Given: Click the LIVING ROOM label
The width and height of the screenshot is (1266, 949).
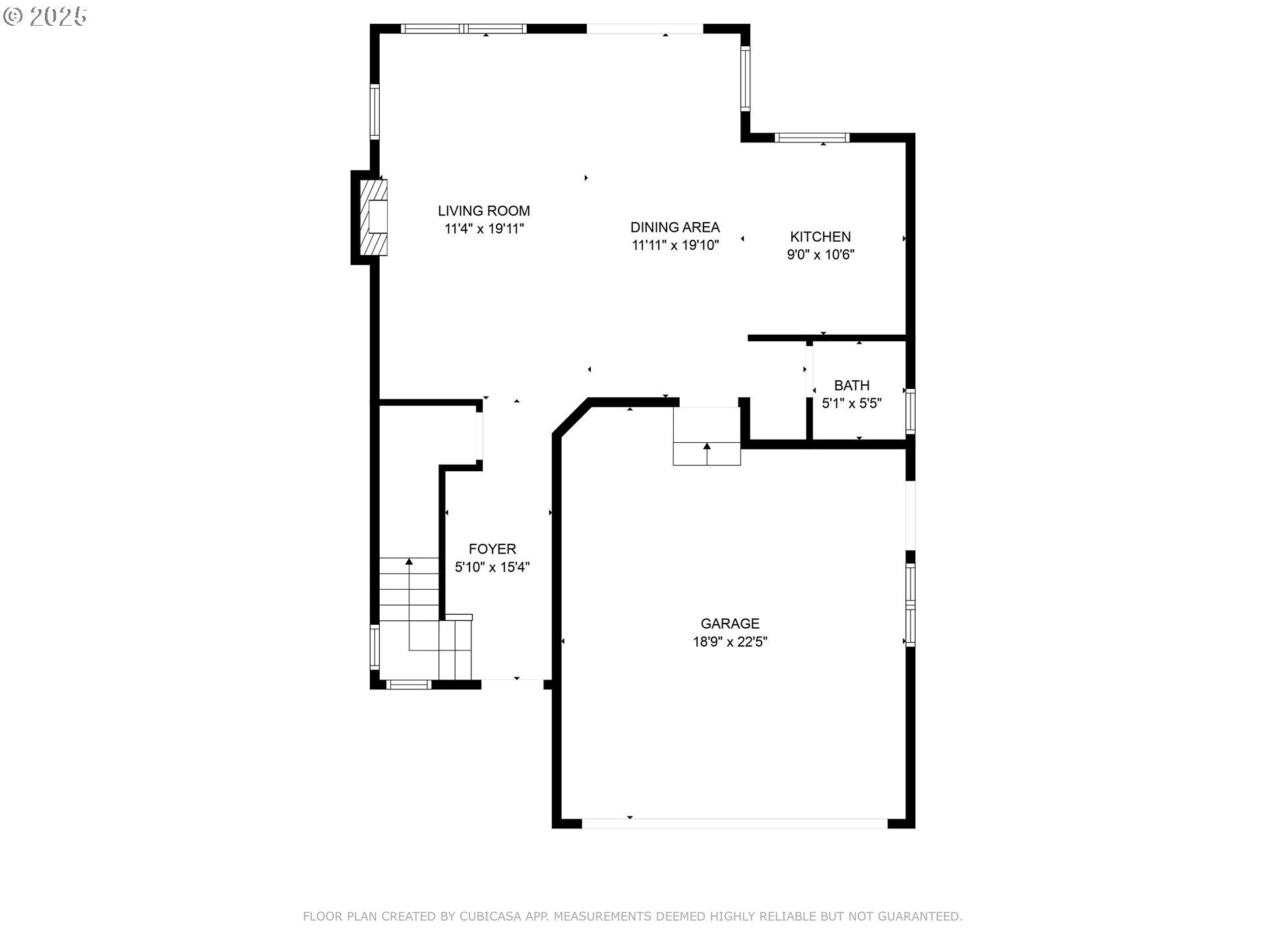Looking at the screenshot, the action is (484, 211).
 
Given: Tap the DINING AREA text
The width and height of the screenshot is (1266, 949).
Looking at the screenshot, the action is (675, 227).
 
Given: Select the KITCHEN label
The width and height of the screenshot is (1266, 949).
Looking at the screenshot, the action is (820, 237).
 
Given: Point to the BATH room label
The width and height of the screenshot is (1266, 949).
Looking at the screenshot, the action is (851, 386).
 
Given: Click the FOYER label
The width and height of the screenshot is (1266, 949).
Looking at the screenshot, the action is (492, 549).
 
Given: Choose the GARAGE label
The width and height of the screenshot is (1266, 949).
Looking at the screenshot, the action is (730, 623).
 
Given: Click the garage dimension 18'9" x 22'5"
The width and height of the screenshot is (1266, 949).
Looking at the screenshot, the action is (730, 641).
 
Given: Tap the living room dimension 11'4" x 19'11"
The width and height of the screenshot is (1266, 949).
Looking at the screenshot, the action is (484, 229).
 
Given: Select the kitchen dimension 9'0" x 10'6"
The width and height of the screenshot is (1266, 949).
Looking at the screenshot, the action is (820, 254).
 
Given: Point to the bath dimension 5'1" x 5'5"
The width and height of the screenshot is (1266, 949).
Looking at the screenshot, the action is (851, 403).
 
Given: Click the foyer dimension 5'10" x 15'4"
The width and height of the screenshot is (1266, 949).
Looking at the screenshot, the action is (492, 567).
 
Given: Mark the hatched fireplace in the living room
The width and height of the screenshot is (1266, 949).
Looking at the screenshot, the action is (374, 217).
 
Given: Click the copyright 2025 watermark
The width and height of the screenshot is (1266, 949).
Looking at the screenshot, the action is (45, 16).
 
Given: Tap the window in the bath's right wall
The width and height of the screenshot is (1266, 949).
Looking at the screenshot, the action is (911, 411).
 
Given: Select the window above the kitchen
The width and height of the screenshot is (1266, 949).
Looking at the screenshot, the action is (812, 138).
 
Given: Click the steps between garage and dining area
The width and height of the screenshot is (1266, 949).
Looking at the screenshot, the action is (707, 436).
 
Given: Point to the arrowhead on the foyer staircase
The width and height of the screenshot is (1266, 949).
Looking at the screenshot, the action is (409, 561).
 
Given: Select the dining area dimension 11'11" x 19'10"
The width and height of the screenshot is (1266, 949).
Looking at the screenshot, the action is (675, 245).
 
